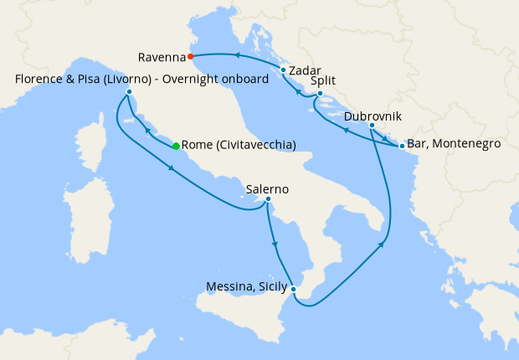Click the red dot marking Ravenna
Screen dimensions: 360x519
click(x=191, y=57)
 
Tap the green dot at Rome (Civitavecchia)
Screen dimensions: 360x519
click(x=176, y=147)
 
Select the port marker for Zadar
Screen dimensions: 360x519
click(x=284, y=70)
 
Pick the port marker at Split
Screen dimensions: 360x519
click(x=320, y=94)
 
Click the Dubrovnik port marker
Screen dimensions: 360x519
click(x=372, y=126)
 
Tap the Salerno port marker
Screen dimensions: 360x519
click(x=268, y=199)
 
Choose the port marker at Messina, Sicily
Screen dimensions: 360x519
click(x=293, y=289)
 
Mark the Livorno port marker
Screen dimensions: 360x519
click(x=129, y=91)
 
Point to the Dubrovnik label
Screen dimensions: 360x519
click(x=372, y=114)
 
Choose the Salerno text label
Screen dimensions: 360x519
click(x=268, y=189)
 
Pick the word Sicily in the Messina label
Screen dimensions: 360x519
click(x=269, y=287)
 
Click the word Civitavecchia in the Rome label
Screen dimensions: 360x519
click(x=254, y=145)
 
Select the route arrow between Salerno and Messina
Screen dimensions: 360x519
click(x=275, y=244)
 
